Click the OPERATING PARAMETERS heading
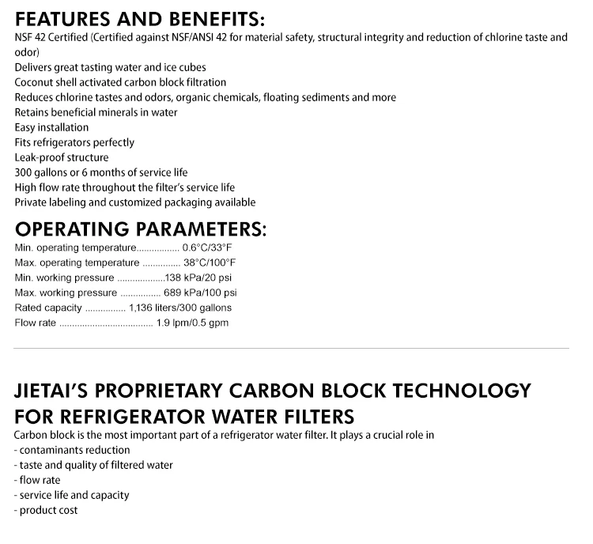click(140, 230)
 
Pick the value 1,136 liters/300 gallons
click(179, 308)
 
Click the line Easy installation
click(51, 127)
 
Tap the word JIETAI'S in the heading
click(59, 391)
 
